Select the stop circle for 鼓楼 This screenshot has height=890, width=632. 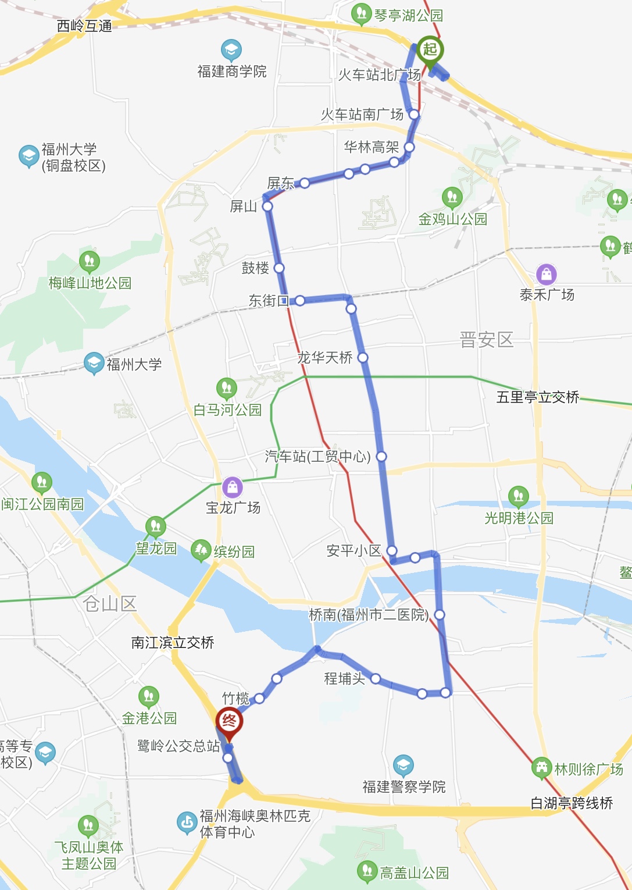(279, 268)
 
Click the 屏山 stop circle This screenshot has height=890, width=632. (267, 207)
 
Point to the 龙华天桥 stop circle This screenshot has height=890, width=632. (363, 357)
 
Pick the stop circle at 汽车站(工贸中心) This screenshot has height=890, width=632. (381, 457)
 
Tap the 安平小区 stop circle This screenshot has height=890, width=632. (392, 550)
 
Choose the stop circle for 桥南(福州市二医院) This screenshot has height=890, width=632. (440, 615)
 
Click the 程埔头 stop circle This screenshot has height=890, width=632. (376, 679)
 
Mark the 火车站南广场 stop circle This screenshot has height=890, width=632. (413, 115)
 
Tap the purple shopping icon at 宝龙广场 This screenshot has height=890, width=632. (232, 487)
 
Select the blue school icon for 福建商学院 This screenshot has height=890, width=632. (231, 50)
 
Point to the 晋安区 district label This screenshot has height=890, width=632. (486, 340)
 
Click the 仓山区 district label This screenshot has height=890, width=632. (110, 604)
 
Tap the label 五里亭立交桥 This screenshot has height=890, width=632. (538, 397)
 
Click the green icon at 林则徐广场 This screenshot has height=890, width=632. (541, 768)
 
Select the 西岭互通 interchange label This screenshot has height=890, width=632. (84, 26)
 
